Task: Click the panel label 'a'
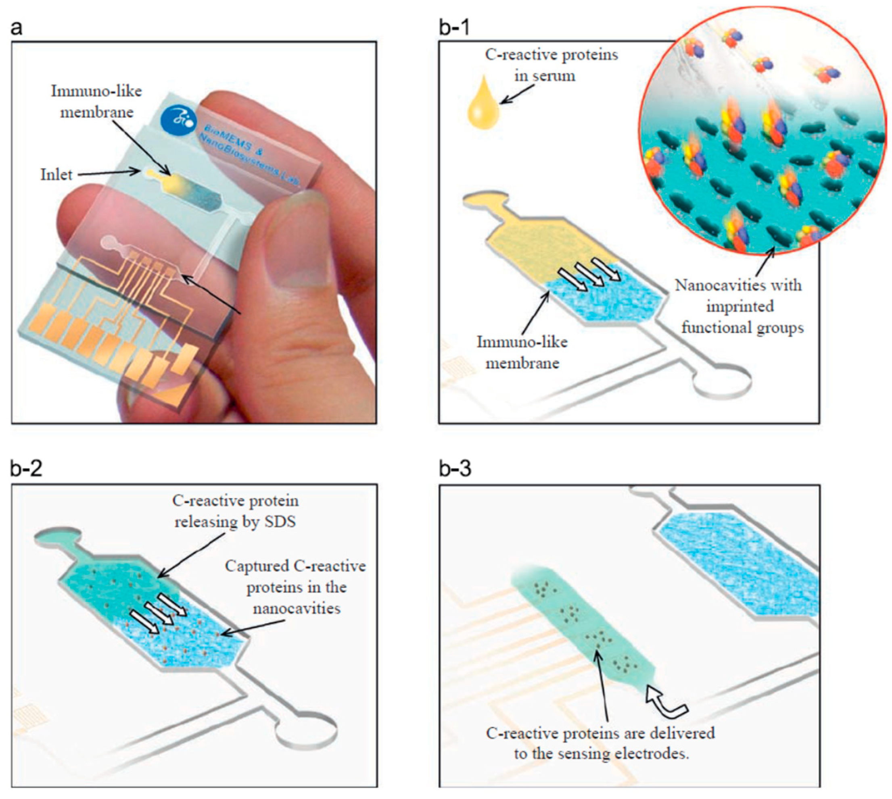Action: [17, 28]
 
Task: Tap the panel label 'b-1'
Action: [454, 28]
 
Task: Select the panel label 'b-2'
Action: [26, 469]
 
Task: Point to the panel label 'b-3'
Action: [455, 469]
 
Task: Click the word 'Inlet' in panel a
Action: [56, 175]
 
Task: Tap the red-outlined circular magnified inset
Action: [762, 132]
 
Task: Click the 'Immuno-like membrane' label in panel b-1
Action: [522, 352]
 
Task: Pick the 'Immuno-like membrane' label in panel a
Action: [97, 102]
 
